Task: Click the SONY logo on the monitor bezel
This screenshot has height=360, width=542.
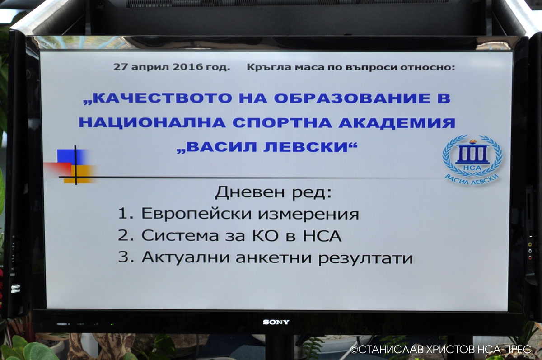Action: pos(276,322)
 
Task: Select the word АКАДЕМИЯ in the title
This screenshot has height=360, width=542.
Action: pos(397,123)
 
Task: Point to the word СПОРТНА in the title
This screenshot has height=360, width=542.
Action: pos(282,123)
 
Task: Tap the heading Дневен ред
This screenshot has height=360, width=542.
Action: pos(273,192)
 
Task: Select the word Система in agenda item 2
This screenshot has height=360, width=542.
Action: pos(180,235)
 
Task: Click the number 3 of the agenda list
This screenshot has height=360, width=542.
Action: pos(123,257)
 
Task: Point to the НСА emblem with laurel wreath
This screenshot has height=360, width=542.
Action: pos(472,160)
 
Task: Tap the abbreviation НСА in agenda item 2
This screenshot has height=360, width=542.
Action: pos(322,235)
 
